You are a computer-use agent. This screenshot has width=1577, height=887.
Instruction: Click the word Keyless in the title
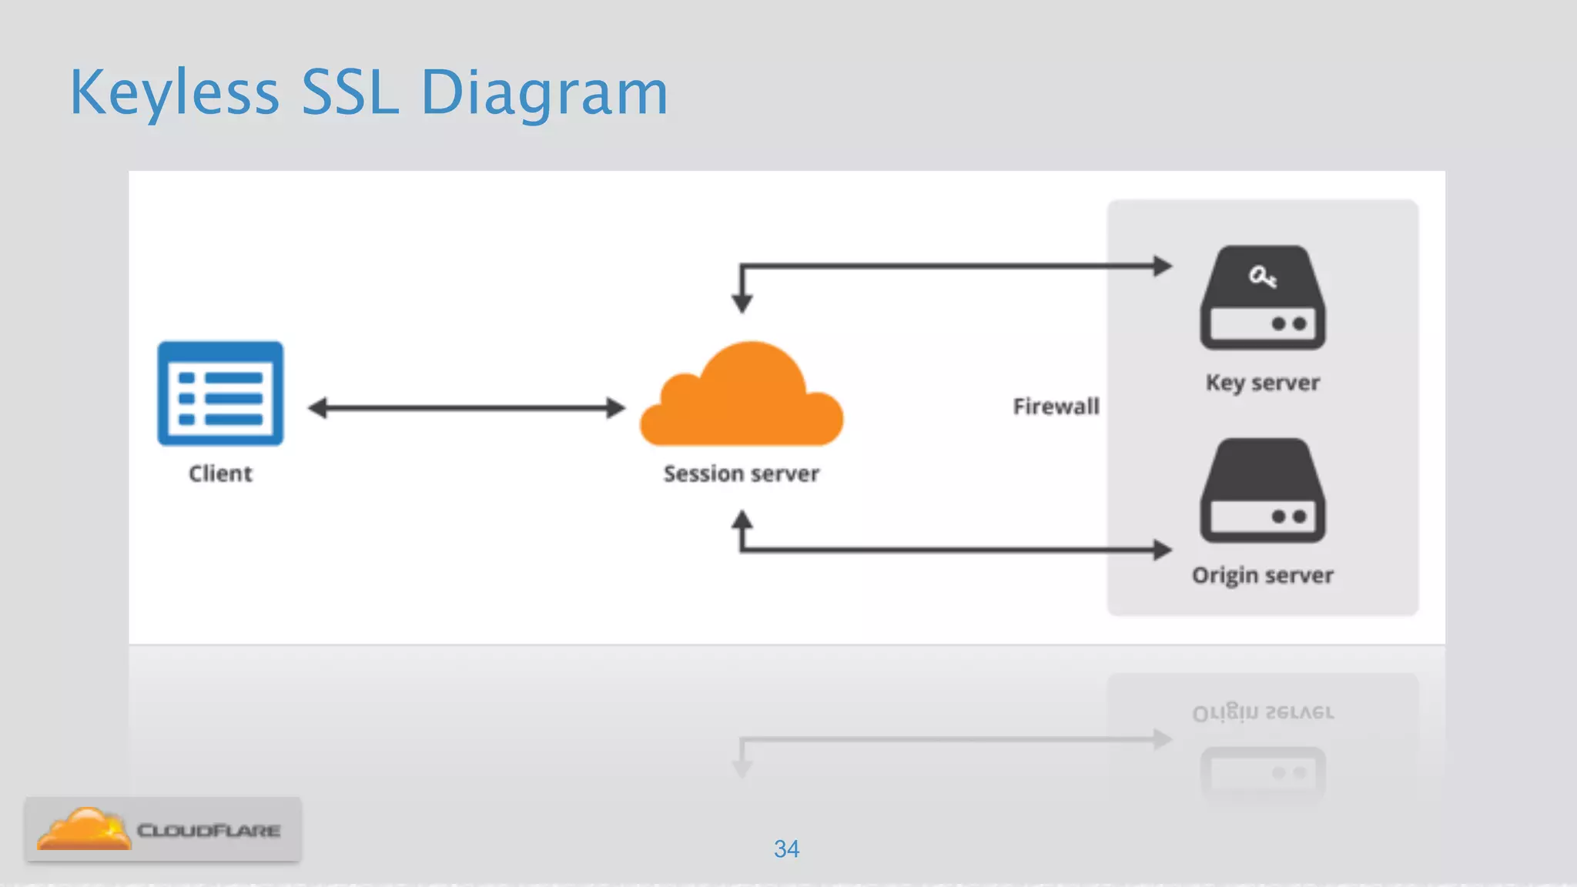(x=174, y=93)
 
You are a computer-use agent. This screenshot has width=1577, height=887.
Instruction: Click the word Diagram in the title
(x=544, y=93)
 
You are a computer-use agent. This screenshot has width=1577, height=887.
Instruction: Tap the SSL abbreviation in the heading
(x=349, y=93)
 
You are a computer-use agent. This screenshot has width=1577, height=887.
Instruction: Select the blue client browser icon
(x=220, y=393)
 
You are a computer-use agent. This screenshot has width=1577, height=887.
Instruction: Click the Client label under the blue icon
(x=220, y=474)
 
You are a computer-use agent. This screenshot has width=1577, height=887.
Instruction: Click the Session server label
(x=741, y=474)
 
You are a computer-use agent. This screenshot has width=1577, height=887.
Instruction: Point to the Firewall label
(x=1056, y=407)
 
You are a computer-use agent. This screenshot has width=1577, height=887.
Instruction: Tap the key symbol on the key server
(x=1262, y=276)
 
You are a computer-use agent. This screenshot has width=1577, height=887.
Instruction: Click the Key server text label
(x=1262, y=383)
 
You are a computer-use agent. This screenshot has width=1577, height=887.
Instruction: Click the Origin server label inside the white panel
(x=1262, y=575)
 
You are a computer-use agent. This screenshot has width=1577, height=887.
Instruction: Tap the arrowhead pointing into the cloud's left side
(x=615, y=408)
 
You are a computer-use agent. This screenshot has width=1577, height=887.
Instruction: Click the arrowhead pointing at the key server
(x=1162, y=266)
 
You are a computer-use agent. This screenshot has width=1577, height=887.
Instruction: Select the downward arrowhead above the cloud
(x=742, y=303)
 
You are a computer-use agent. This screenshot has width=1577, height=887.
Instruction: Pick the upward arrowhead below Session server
(x=742, y=520)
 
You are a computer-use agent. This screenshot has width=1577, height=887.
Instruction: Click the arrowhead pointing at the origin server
(x=1162, y=550)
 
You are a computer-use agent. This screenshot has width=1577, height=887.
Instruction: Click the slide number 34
(x=786, y=849)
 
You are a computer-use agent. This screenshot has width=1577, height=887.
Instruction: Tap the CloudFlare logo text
(x=208, y=831)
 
